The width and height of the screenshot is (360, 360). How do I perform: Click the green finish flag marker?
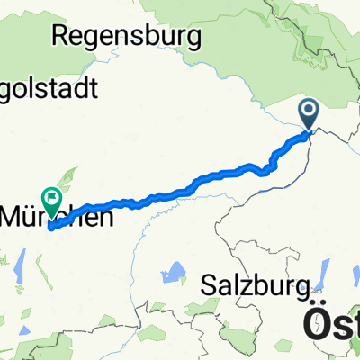51,193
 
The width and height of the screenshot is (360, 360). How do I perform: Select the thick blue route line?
180,191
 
